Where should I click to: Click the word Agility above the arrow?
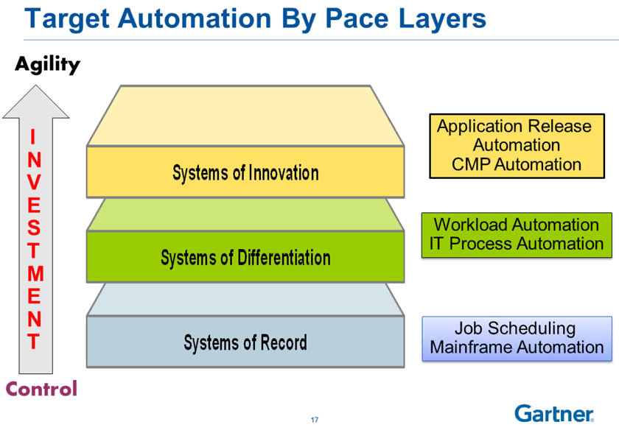coord(47,65)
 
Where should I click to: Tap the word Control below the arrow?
coord(41,388)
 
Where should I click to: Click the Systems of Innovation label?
coord(245,173)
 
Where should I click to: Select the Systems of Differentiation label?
coord(245,258)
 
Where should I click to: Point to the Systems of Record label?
coord(245,342)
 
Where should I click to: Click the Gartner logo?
coord(554,413)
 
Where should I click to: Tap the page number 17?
coord(315,420)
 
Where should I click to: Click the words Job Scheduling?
coord(515,328)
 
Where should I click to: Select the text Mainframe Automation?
coord(517,348)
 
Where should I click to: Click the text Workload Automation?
coord(516,225)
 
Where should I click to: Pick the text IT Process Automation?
coord(516,244)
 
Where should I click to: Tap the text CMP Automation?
coord(516,164)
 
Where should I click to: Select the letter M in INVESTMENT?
coord(35,274)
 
